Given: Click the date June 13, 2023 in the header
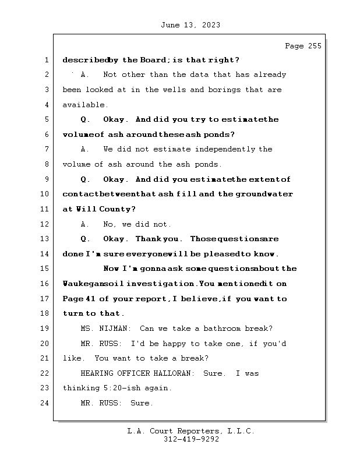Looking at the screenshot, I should (x=190, y=25).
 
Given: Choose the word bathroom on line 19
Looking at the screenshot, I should (x=221, y=329).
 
